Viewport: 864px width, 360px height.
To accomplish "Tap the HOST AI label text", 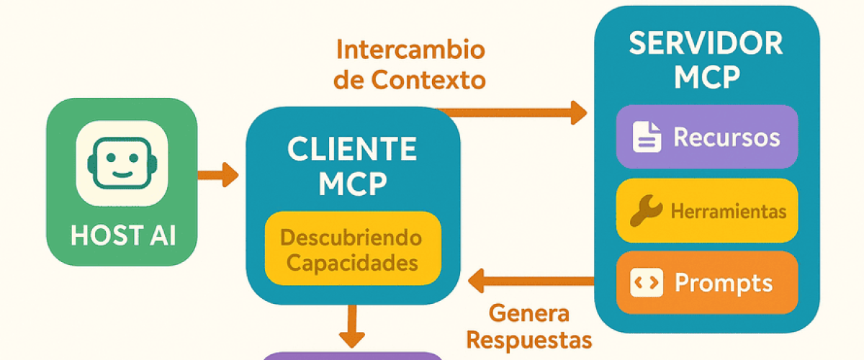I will point(122,237).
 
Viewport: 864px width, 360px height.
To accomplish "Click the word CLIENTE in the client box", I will point(352,149).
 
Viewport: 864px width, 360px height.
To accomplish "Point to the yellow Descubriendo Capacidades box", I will point(352,248).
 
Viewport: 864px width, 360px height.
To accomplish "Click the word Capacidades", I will point(352,262).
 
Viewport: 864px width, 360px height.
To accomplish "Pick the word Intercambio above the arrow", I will point(410,50).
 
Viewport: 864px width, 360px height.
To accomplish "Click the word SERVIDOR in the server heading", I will point(706,44).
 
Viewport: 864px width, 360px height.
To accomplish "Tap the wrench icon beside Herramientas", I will point(646,211).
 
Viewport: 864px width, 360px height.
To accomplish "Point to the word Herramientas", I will point(728,212).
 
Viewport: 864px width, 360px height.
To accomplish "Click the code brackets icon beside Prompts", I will point(645,283).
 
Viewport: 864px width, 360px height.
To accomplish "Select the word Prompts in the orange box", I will point(724,283).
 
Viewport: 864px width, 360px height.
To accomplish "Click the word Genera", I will point(528,314).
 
